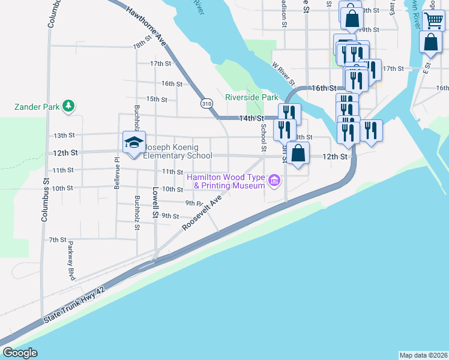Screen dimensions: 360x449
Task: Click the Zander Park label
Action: (37, 107)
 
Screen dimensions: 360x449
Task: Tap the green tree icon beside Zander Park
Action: (69, 107)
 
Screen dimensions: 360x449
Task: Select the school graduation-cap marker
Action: (134, 142)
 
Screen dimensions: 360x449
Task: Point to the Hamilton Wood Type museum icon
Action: (274, 180)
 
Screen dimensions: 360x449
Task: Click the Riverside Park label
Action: (252, 97)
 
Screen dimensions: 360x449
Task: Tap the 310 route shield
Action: (207, 103)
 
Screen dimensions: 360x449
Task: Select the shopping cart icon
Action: (433, 20)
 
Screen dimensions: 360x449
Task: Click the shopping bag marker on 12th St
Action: (298, 153)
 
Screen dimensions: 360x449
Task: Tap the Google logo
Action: (20, 353)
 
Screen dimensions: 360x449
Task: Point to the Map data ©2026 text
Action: (423, 355)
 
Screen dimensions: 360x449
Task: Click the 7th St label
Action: (57, 239)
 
